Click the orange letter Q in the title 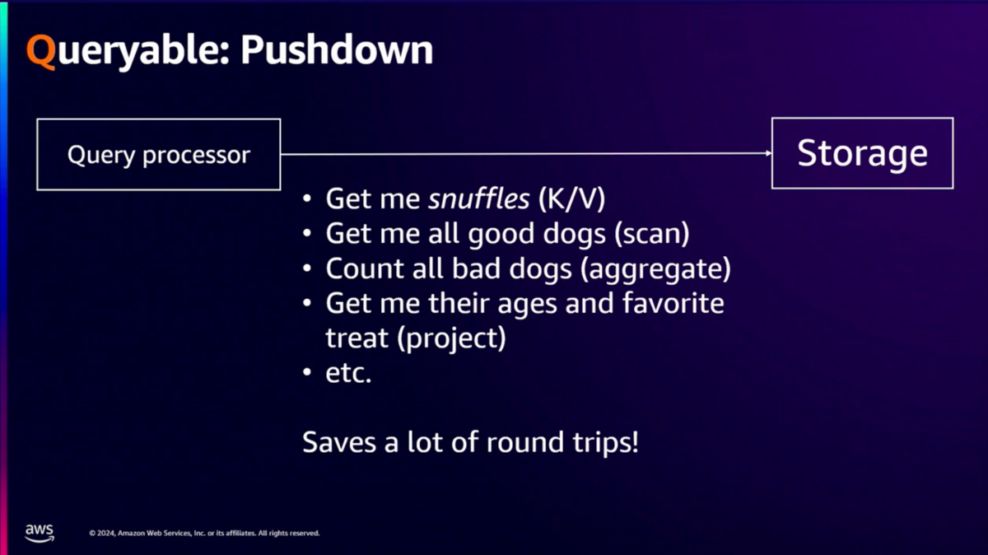(x=41, y=51)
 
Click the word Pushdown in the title (x=337, y=49)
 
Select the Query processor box (x=159, y=155)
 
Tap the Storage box (x=862, y=153)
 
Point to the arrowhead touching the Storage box (x=768, y=153)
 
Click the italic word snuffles (x=478, y=198)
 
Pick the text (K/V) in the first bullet (x=571, y=199)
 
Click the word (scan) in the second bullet (x=652, y=234)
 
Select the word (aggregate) (x=655, y=269)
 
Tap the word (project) (x=451, y=338)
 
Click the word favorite (x=673, y=303)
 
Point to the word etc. (x=348, y=373)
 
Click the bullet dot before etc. (x=307, y=372)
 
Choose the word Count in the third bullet (x=365, y=268)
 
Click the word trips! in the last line (x=606, y=442)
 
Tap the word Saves (x=339, y=442)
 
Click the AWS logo (x=40, y=533)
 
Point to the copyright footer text (x=204, y=533)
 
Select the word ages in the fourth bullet (x=528, y=305)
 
